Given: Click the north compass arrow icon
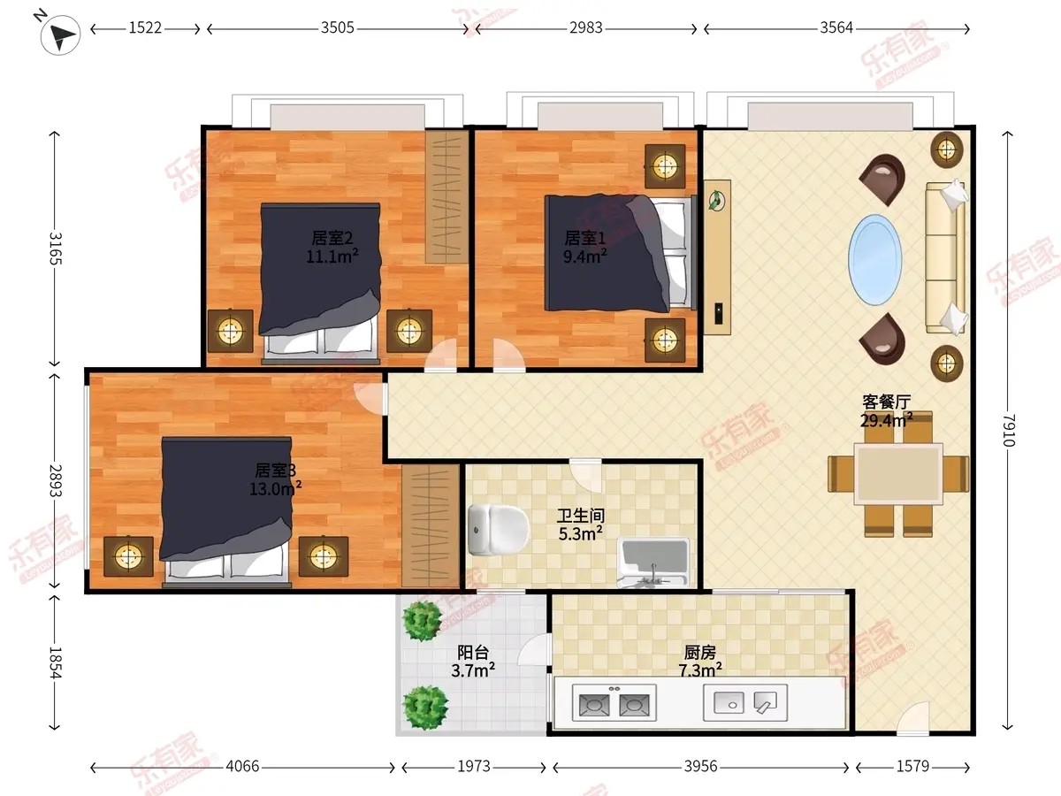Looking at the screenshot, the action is (60, 34).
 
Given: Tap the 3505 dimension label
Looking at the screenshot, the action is (338, 28).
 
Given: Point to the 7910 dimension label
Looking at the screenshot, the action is (1010, 430).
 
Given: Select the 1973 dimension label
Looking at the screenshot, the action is (474, 766).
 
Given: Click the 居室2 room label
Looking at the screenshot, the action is (332, 238).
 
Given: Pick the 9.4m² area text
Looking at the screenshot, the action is (585, 256).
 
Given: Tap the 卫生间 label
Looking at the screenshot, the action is (581, 516).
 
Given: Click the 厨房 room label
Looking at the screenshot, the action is (700, 653).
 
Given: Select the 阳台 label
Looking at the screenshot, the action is (473, 653).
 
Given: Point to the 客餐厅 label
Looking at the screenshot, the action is (887, 402).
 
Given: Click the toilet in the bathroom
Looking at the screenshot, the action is (499, 530).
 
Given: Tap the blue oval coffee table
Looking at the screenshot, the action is (875, 259).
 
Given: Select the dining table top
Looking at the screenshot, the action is (898, 474).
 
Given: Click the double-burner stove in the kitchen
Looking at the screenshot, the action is (614, 703).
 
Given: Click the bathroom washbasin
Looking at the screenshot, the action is (653, 563).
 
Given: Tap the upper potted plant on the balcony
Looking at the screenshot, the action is (423, 621).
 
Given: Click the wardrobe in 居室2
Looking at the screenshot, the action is (447, 196).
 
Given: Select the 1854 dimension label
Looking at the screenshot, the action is (55, 662).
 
